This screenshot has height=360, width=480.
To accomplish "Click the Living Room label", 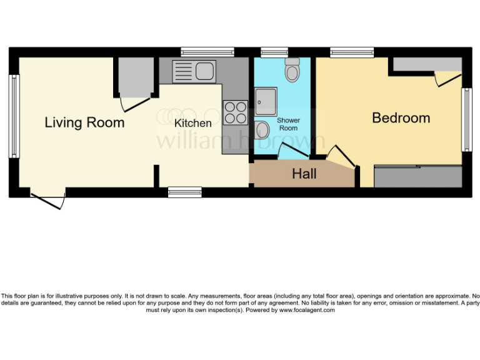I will [x=84, y=122].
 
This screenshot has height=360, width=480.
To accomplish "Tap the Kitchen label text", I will [x=192, y=123].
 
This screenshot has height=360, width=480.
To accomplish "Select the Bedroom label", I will [x=401, y=117].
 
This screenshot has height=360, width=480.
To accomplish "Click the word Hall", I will [x=304, y=174].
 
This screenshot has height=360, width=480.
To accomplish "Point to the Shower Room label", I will [x=288, y=124].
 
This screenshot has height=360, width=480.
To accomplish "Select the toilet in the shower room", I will [x=292, y=71].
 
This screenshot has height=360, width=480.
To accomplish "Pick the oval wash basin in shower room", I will [x=263, y=131].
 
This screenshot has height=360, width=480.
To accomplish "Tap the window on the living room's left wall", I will [x=14, y=116].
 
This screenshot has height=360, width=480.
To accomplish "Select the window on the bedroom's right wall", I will [x=466, y=119].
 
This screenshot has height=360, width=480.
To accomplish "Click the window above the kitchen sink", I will [x=207, y=52].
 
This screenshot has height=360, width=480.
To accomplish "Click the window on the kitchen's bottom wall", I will [x=184, y=192].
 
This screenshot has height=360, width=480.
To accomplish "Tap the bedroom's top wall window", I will [x=352, y=52].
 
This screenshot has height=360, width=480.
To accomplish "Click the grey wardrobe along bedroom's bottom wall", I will [x=417, y=177].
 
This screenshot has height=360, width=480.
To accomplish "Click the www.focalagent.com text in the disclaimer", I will [x=307, y=310].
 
